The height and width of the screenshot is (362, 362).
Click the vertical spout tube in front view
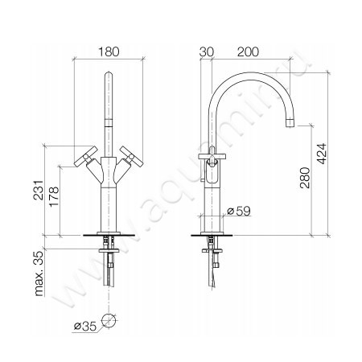click(x=109, y=105)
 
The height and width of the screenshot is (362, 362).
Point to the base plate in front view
click(x=109, y=236)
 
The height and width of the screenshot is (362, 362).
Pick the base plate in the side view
click(x=213, y=236)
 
